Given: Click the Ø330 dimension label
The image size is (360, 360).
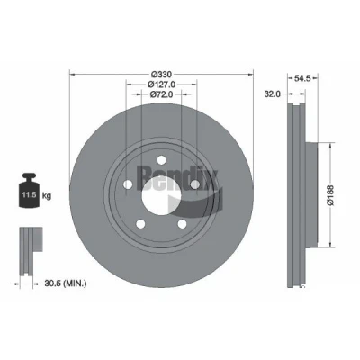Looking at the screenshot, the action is coord(161,74).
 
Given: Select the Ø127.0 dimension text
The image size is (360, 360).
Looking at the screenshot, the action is coord(161,85).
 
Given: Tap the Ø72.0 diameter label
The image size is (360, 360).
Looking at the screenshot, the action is coord(161,94).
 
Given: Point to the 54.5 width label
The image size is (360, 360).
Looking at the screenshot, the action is coord(302,78).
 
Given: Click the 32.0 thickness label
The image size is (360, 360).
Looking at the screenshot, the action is coord(272,94).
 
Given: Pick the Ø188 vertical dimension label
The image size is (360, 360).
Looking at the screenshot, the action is coord(330,195).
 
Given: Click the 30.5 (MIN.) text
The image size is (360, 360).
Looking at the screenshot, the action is coord(66,283).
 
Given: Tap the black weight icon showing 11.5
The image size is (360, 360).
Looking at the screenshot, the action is coord(29,190).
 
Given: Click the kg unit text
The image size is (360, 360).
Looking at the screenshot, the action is coord(47,196).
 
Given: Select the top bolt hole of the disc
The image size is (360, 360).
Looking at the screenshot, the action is coord(161,160).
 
